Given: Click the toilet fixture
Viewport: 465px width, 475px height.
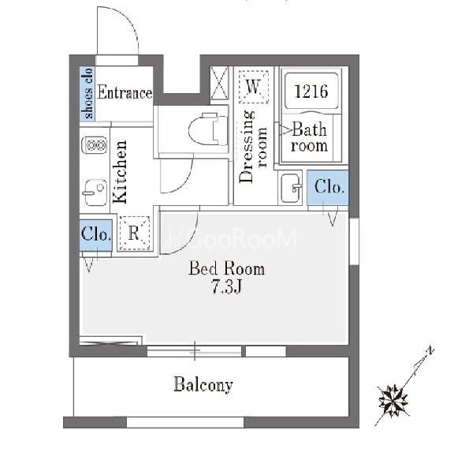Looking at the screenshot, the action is click(x=207, y=129).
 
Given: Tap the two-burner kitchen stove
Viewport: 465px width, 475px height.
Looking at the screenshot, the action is click(x=95, y=145).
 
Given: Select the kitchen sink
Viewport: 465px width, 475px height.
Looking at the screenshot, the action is click(x=95, y=193).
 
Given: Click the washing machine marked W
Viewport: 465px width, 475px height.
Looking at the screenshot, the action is click(x=253, y=87).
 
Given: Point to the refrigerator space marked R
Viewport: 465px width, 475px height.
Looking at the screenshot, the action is click(x=135, y=233).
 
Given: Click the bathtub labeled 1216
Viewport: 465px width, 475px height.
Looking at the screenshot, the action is click(x=311, y=91).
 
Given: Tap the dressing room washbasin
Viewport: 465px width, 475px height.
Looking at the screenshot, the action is click(x=291, y=188).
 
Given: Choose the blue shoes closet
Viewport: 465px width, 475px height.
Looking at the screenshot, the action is click(x=87, y=93).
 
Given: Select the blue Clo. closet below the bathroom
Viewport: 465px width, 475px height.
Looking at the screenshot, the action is click(x=328, y=188).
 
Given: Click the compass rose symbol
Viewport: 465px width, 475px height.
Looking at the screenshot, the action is click(x=392, y=401).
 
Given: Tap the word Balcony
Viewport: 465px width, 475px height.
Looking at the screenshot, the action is click(x=203, y=385).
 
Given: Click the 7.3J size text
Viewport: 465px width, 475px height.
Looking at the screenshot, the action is click(x=227, y=286).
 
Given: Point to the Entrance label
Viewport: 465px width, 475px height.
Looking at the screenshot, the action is click(x=125, y=92).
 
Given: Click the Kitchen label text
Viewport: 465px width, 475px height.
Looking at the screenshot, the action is click(x=120, y=172).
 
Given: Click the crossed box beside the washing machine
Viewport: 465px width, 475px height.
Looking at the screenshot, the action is click(x=219, y=83).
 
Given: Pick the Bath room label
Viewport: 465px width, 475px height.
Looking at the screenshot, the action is click(x=309, y=137).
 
